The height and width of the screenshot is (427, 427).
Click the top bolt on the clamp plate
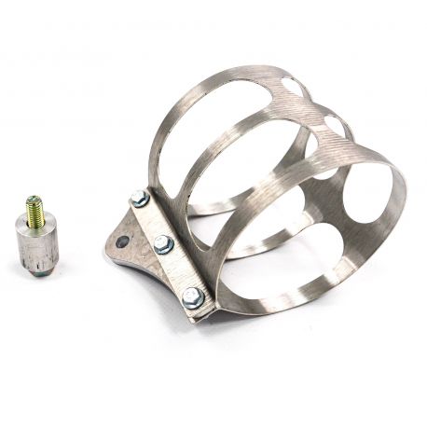point(140,197)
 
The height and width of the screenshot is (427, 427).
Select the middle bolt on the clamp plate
point(164,243)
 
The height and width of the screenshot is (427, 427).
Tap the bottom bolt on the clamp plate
point(194,298)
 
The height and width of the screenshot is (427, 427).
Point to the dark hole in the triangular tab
point(120,241)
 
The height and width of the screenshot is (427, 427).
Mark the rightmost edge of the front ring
point(404,196)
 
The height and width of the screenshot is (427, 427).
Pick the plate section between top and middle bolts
point(151,220)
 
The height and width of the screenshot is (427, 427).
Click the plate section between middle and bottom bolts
point(179,271)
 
